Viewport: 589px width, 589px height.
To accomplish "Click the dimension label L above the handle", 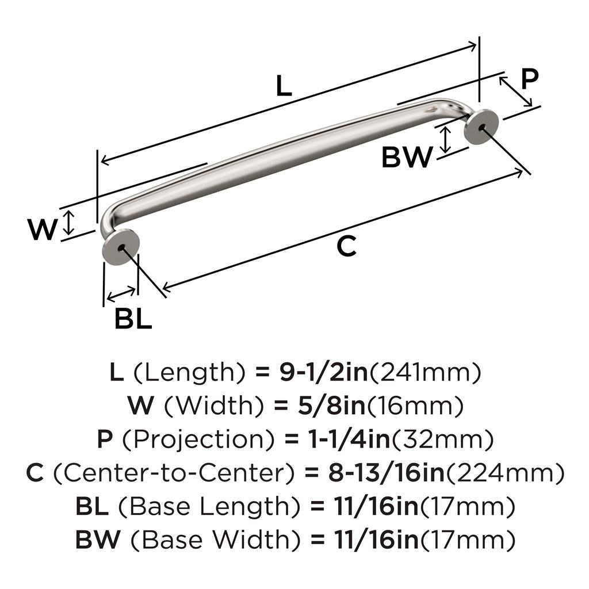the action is pyautogui.click(x=284, y=85).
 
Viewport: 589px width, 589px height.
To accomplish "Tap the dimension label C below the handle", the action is pyautogui.click(x=346, y=246).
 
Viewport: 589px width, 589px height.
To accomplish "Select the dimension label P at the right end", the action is pyautogui.click(x=530, y=79).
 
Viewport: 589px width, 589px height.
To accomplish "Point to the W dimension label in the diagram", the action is pyautogui.click(x=43, y=229).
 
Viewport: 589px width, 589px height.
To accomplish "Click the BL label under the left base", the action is pyautogui.click(x=133, y=319).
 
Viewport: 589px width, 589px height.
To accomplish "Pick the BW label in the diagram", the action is pyautogui.click(x=407, y=157).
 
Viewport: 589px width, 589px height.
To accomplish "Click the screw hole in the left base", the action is pyautogui.click(x=121, y=247).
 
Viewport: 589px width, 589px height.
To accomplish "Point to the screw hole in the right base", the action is pyautogui.click(x=482, y=128).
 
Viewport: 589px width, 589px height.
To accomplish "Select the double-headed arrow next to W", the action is pyautogui.click(x=68, y=223).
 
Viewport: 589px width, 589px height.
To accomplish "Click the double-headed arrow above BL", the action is pyautogui.click(x=121, y=294).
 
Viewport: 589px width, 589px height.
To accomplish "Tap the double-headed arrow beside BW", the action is pyautogui.click(x=446, y=140).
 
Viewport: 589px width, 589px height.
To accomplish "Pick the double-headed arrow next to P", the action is pyautogui.click(x=516, y=91).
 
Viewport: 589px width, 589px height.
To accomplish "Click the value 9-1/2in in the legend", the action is pyautogui.click(x=323, y=372).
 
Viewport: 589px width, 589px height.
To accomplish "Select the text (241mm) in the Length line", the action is pyautogui.click(x=425, y=373).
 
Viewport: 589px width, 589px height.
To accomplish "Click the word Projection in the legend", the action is pyautogui.click(x=198, y=440).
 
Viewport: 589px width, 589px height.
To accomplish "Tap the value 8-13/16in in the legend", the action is pyautogui.click(x=387, y=473).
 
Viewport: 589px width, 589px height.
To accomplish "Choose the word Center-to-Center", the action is pyautogui.click(x=174, y=473).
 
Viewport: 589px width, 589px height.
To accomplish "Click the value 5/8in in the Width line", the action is pyautogui.click(x=332, y=406).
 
